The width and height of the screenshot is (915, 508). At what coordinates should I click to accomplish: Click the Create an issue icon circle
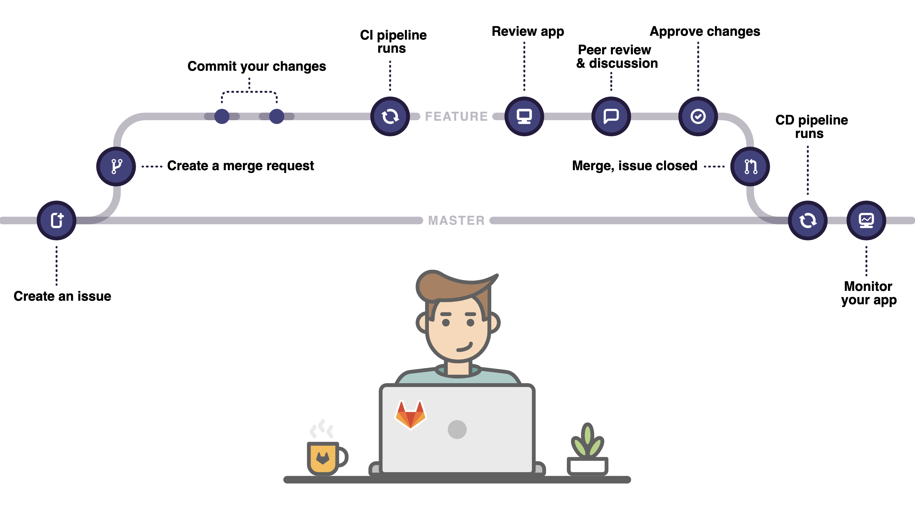56,220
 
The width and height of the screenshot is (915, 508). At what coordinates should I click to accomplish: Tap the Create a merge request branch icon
116,166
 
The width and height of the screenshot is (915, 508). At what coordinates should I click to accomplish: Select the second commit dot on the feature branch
277,116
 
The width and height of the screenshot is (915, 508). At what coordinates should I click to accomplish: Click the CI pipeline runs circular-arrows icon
390,116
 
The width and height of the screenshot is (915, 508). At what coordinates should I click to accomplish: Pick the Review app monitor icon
524,116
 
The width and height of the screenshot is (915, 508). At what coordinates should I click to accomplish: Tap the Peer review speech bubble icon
611,116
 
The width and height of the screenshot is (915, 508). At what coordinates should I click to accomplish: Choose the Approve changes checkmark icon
698,116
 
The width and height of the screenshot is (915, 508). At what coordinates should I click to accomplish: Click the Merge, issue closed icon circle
750,166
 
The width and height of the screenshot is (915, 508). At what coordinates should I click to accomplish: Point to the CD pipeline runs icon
808,220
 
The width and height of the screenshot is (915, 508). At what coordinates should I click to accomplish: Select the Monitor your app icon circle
866,220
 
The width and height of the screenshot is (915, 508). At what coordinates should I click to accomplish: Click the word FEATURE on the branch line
456,116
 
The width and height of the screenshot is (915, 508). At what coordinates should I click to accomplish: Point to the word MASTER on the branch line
456,220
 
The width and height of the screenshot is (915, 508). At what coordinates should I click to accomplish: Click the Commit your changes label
256,66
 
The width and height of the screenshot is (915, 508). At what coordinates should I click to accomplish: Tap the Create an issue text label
62,296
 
